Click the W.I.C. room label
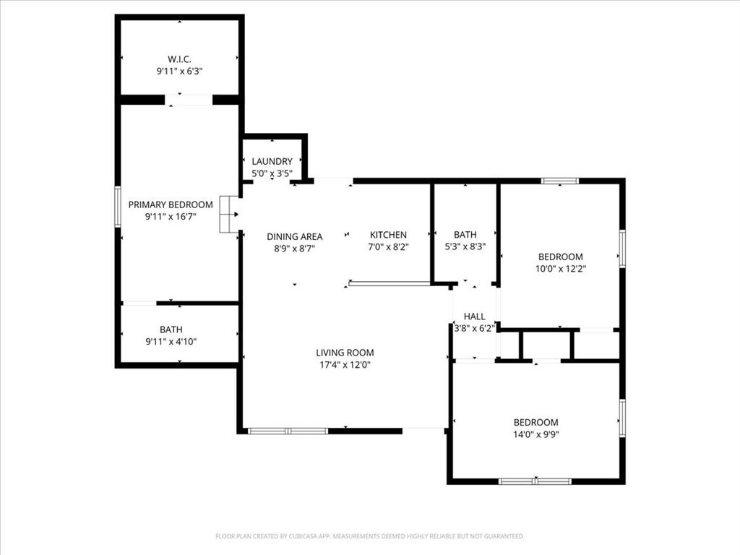(179, 59)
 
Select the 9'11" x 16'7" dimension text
(171, 216)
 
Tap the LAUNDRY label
(272, 161)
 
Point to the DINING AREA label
(294, 236)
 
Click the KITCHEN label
(388, 235)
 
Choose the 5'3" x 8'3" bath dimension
(465, 246)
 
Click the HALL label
(474, 317)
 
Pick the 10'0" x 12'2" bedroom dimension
(560, 269)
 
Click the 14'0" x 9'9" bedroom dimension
(535, 434)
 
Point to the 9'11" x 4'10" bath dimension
(171, 342)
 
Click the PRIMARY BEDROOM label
(171, 205)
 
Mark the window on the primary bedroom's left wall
(118, 207)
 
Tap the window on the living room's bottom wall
(288, 431)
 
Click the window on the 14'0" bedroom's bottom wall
(535, 481)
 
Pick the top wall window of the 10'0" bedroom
(560, 181)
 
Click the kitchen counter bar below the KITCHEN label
(389, 284)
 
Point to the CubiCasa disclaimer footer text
(369, 536)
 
